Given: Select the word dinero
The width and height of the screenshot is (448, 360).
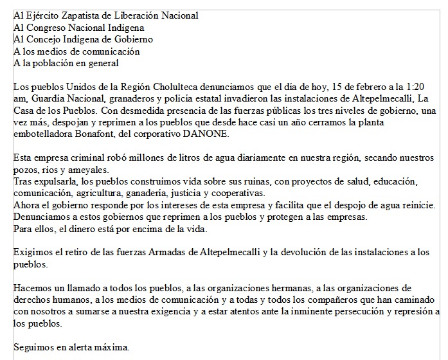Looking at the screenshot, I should [75, 228].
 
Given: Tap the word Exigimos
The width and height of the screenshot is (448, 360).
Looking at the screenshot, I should [33, 252].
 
